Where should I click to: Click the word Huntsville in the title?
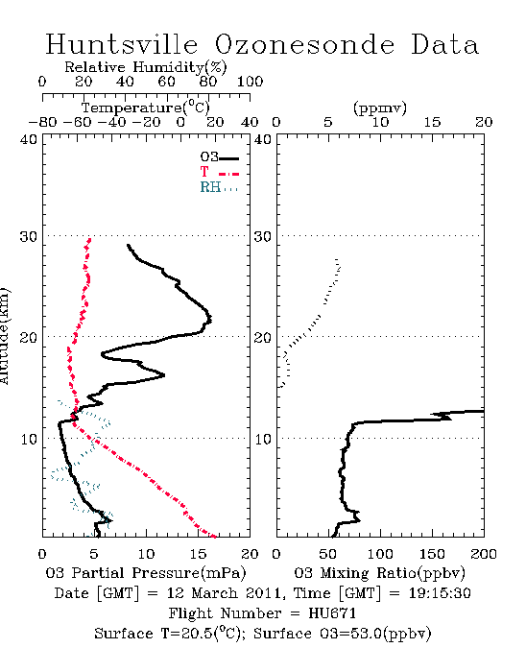coord(122,44)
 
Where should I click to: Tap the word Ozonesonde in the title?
coord(304,44)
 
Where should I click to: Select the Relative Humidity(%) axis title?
coord(146,67)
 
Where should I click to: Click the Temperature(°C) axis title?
coord(146,108)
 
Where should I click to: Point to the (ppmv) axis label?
coord(380,108)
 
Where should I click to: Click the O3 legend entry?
coord(219,157)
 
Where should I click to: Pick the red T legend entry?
coord(219,172)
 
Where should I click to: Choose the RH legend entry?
coord(219,187)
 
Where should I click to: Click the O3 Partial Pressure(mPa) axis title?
coord(146,573)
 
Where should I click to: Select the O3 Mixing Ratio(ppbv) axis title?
coord(379,573)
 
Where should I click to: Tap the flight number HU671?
coord(332,613)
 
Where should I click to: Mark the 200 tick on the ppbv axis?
coord(484,554)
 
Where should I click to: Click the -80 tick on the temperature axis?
coord(42,123)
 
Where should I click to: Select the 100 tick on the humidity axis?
coord(250,82)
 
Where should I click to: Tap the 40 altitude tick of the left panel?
coord(28,139)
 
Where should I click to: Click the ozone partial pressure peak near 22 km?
coord(211,320)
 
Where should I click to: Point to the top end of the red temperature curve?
coord(89,239)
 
